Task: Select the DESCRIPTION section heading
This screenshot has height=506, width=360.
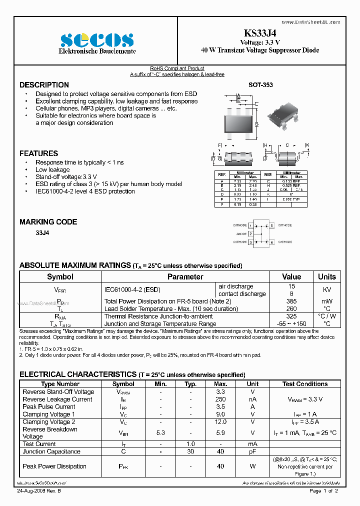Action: click(44, 85)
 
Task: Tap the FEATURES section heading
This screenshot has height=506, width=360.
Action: click(38, 153)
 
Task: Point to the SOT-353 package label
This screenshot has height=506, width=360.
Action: click(260, 85)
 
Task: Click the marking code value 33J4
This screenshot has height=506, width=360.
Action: click(42, 233)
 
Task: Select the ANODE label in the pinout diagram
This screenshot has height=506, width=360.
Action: click(241, 233)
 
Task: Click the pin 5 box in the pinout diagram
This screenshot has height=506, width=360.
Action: click(271, 225)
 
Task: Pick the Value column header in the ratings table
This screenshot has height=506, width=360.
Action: click(291, 276)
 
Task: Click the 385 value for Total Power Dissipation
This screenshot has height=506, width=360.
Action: click(291, 301)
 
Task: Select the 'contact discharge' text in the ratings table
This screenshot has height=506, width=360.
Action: click(242, 294)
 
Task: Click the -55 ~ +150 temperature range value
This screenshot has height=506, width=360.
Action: click(291, 323)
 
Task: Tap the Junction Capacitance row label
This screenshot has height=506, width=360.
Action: click(51, 451)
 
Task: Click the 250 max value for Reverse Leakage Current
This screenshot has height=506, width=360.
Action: click(220, 399)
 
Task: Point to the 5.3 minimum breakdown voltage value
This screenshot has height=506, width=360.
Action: click(160, 432)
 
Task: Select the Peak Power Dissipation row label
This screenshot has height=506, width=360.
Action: click(54, 466)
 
